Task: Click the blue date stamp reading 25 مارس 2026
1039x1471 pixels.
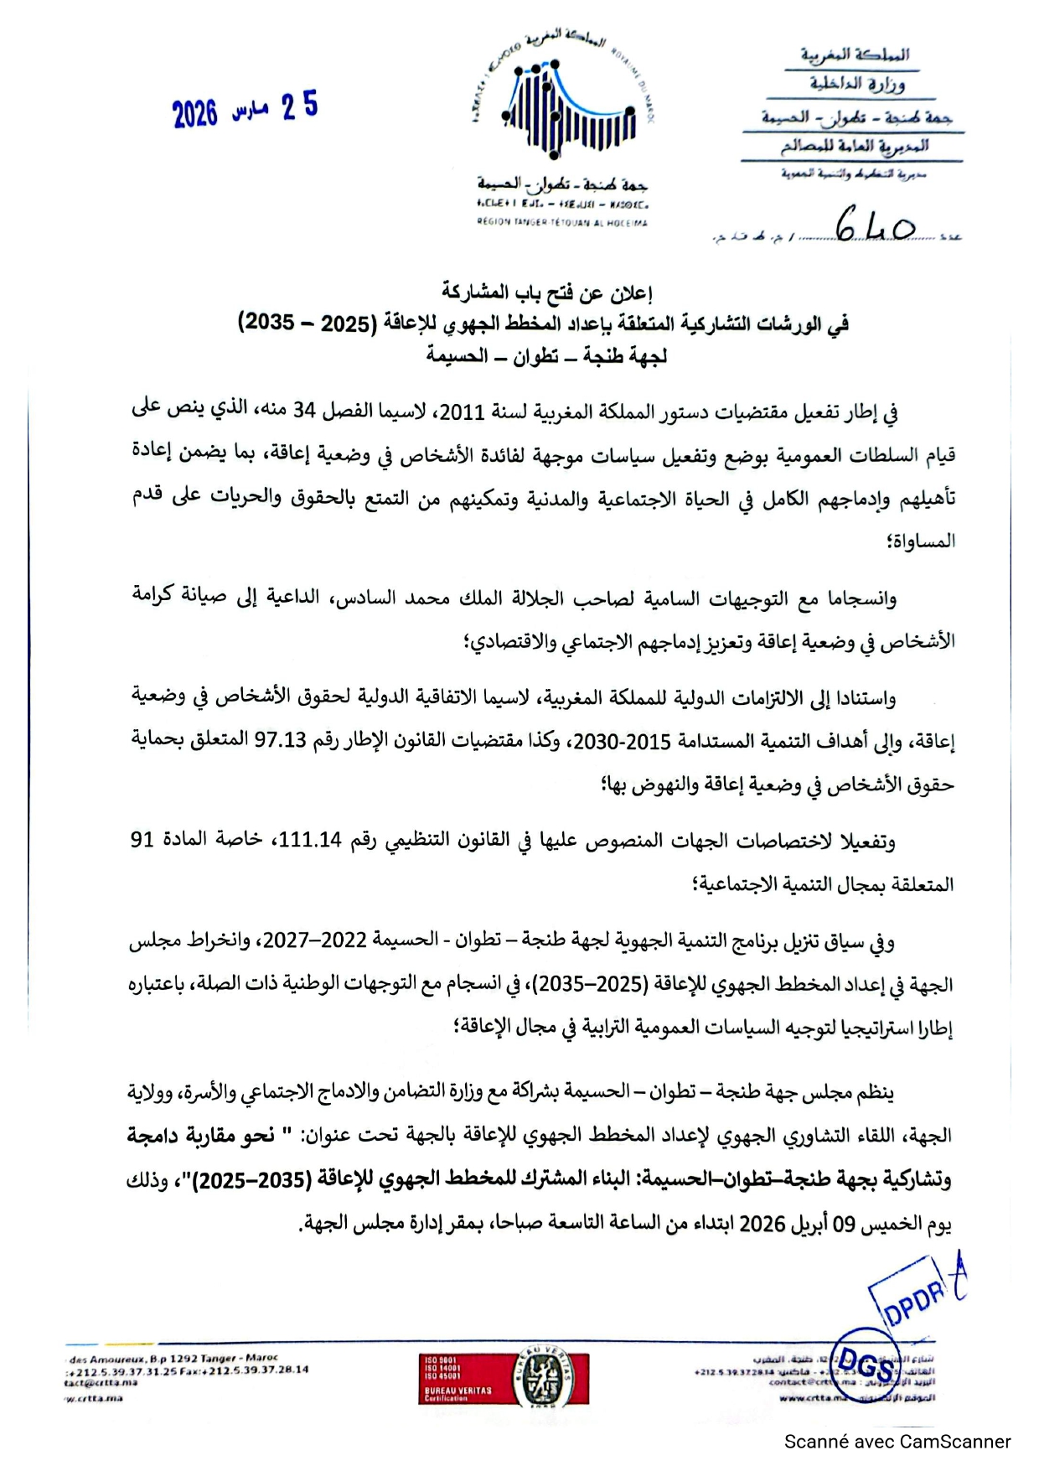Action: [x=246, y=110]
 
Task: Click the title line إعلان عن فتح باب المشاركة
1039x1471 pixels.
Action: [x=547, y=293]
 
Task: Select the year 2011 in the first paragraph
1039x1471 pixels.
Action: [x=462, y=412]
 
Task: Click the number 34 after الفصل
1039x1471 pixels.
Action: [x=303, y=410]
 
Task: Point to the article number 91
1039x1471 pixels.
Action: [x=142, y=839]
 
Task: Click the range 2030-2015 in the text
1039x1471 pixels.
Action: [x=633, y=742]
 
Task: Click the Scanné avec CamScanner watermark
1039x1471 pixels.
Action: [x=897, y=1442]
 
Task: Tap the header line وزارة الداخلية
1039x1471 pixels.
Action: [x=856, y=84]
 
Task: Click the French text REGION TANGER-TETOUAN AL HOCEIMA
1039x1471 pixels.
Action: [x=562, y=223]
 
